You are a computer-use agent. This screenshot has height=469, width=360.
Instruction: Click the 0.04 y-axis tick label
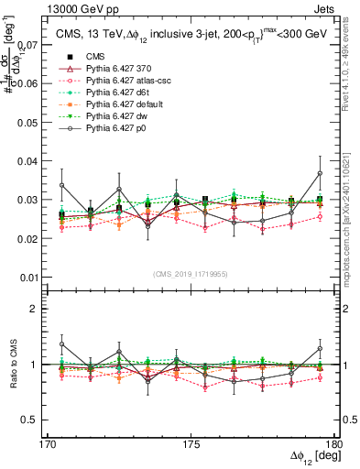28,161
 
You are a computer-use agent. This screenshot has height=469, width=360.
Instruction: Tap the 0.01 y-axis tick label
28,278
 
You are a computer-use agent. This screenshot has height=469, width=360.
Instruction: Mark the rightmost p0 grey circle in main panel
320,173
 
